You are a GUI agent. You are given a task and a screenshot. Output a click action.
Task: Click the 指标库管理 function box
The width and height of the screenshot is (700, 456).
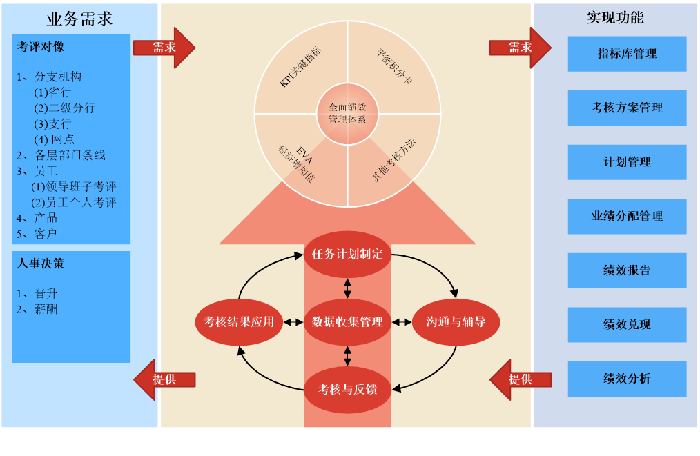click(x=627, y=54)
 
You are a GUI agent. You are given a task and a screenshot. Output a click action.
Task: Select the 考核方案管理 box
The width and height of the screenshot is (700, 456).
click(x=627, y=108)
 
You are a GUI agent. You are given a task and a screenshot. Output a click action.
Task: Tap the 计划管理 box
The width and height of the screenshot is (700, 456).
click(x=627, y=162)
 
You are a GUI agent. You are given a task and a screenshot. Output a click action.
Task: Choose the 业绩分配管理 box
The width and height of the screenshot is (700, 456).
click(x=627, y=216)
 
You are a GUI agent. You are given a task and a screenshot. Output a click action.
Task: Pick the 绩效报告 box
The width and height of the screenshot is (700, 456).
click(x=627, y=270)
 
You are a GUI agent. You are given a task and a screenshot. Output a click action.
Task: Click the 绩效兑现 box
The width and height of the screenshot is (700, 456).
click(x=627, y=324)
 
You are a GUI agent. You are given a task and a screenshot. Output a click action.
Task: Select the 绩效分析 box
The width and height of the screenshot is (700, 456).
click(x=627, y=379)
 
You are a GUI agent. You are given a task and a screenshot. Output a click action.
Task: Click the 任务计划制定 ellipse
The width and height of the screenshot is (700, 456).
click(x=347, y=254)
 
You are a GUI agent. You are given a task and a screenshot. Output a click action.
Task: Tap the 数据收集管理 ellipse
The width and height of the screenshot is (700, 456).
click(x=347, y=322)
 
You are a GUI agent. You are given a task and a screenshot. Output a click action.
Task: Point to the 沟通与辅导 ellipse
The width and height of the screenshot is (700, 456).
click(x=456, y=322)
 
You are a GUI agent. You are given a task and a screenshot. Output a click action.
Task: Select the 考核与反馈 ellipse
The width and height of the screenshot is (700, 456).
click(x=347, y=390)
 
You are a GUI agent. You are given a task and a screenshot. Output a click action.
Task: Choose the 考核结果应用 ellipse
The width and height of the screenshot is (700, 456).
click(x=239, y=322)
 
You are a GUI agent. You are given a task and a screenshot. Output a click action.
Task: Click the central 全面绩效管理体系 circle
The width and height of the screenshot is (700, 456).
click(x=347, y=114)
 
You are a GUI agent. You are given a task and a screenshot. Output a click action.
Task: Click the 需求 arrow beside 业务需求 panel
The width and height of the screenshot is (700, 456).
click(x=164, y=48)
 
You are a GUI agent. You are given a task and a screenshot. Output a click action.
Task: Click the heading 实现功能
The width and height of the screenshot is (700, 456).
click(x=615, y=18)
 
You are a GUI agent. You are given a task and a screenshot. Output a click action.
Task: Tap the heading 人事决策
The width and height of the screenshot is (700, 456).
click(x=41, y=264)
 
